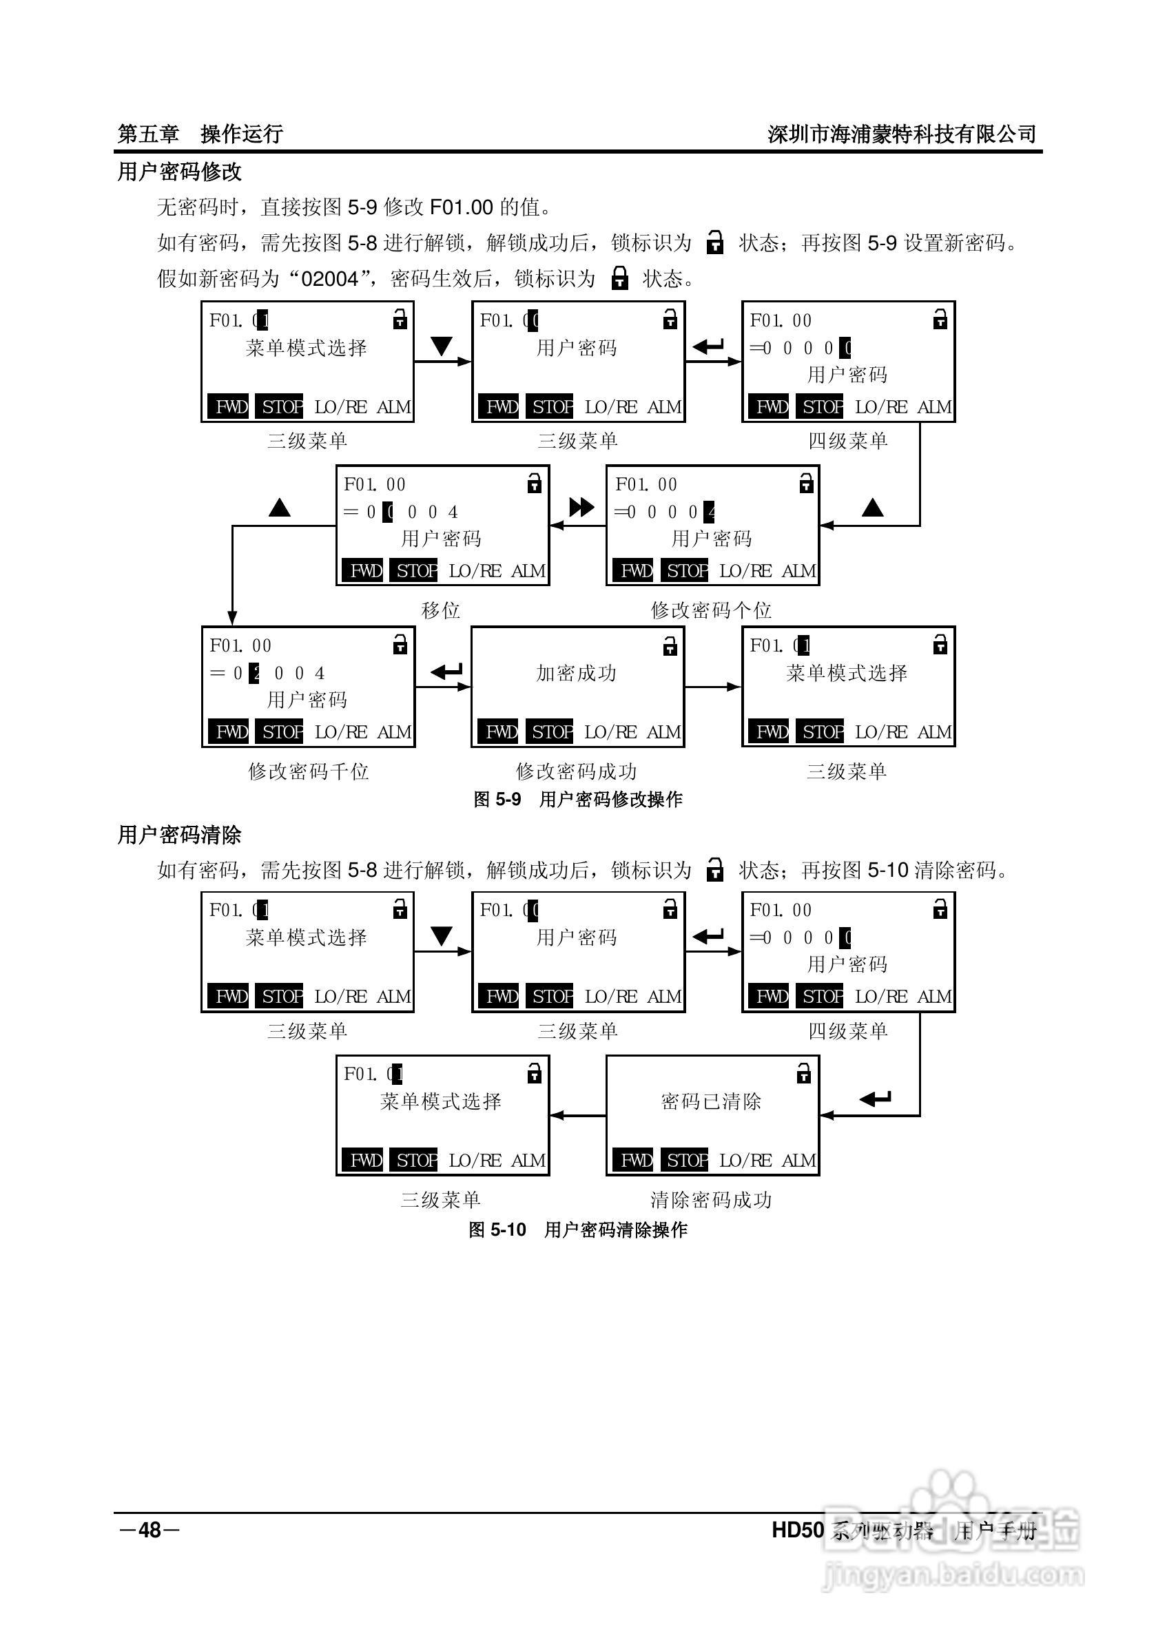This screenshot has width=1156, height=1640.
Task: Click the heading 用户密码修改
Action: pyautogui.click(x=179, y=172)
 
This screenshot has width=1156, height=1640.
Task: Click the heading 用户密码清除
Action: pyautogui.click(x=179, y=834)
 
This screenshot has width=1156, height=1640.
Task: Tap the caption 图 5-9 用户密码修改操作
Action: pyautogui.click(x=577, y=799)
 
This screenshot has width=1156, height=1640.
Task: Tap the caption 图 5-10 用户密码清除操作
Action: pyautogui.click(x=577, y=1229)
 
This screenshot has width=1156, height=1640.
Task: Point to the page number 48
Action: pyautogui.click(x=150, y=1530)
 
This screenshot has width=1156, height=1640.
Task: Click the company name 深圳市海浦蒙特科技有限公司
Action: pyautogui.click(x=902, y=134)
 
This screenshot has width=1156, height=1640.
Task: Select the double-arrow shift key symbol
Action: pyautogui.click(x=581, y=507)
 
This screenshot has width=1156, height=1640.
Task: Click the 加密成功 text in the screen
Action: pyautogui.click(x=576, y=673)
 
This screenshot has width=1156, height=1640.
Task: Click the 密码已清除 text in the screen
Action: pyautogui.click(x=711, y=1101)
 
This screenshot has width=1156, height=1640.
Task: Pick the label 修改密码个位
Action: pyautogui.click(x=711, y=610)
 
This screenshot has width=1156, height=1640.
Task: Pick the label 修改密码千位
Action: pyautogui.click(x=308, y=771)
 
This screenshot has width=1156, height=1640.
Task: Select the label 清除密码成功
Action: pyautogui.click(x=711, y=1199)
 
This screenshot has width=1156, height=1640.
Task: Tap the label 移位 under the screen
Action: pyautogui.click(x=441, y=610)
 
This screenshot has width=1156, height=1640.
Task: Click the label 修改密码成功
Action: pyautogui.click(x=576, y=771)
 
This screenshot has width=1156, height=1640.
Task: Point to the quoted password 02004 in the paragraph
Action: pyautogui.click(x=329, y=278)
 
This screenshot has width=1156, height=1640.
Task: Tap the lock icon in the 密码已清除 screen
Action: pyautogui.click(x=804, y=1074)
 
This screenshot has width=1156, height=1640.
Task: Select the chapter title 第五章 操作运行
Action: pyautogui.click(x=200, y=134)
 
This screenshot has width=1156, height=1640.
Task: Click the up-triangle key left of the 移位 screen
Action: pyautogui.click(x=279, y=508)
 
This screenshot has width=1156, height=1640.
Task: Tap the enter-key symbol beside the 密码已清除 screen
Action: pyautogui.click(x=876, y=1098)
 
